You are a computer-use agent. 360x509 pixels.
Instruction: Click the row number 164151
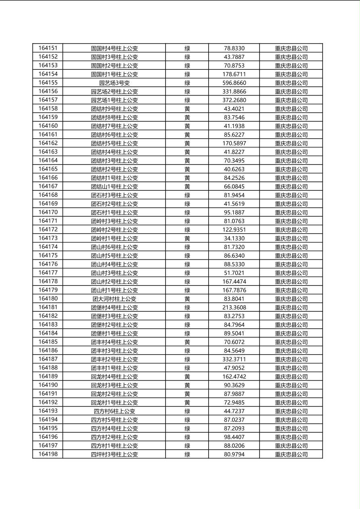(48, 48)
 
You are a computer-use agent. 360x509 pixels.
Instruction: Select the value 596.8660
(234, 83)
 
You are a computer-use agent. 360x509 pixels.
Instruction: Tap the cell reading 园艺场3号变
(114, 83)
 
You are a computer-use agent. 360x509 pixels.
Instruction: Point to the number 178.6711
(234, 74)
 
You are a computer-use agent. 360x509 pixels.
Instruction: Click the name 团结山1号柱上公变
(114, 186)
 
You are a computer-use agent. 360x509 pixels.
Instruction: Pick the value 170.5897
(234, 143)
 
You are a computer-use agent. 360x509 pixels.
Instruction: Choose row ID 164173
(48, 238)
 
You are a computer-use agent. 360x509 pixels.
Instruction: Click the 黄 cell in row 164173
(187, 238)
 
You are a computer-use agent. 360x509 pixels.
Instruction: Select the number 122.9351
(234, 229)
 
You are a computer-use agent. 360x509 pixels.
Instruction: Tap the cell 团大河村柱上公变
(114, 299)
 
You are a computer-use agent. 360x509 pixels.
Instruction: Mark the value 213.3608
(234, 307)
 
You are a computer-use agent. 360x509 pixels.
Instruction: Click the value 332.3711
(234, 359)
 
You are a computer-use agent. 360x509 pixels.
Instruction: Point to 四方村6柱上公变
(114, 411)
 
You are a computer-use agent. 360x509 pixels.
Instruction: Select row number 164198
(48, 454)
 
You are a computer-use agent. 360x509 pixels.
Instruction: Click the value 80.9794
(234, 454)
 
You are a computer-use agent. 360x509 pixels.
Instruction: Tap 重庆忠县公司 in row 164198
(291, 454)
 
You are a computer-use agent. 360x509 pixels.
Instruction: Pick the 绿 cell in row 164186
(187, 350)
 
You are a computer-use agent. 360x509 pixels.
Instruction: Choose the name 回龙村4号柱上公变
(114, 376)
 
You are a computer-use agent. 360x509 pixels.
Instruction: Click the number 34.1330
(234, 238)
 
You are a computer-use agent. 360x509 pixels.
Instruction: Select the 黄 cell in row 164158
(187, 108)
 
